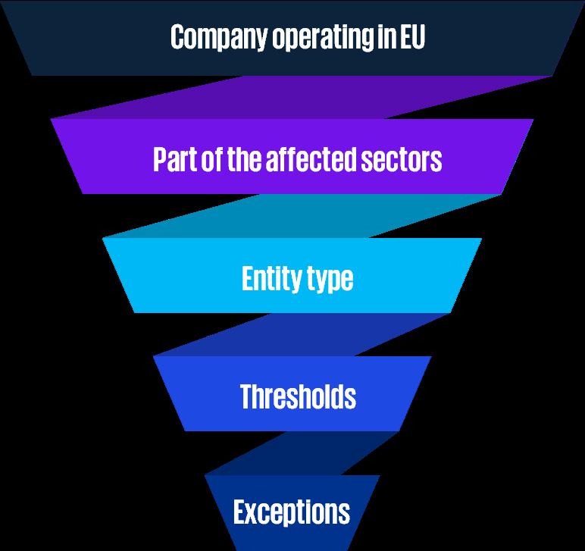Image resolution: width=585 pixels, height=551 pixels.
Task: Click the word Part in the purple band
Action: [x=174, y=159]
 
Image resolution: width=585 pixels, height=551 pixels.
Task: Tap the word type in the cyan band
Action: [x=328, y=280]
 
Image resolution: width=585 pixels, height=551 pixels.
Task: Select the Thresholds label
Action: [x=298, y=396]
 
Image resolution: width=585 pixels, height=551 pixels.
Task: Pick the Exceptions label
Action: [x=292, y=512]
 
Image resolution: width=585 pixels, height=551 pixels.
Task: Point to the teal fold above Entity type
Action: [x=303, y=217]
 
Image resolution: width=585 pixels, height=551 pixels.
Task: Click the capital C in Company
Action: [x=178, y=37]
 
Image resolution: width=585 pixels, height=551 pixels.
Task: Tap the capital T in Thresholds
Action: [x=248, y=396]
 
